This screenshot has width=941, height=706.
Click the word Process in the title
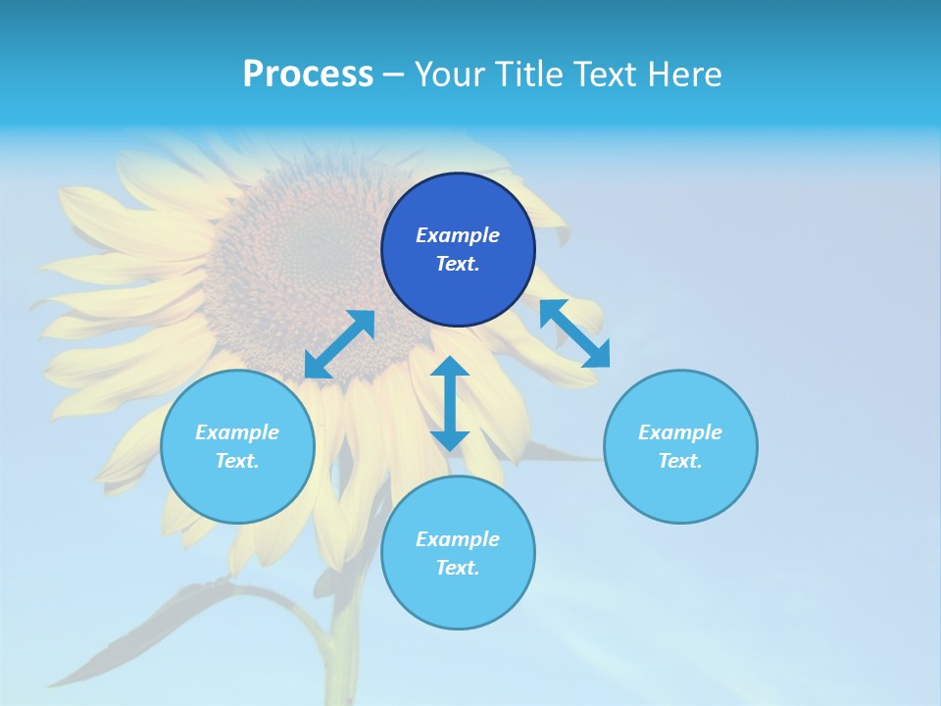pyautogui.click(x=308, y=75)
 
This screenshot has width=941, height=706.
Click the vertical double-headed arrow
pyautogui.click(x=450, y=403)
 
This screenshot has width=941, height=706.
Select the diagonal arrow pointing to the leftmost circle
pyautogui.click(x=339, y=344)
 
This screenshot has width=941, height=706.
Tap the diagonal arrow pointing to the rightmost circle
pyautogui.click(x=575, y=333)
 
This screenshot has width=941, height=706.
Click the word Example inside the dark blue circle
pyautogui.click(x=458, y=235)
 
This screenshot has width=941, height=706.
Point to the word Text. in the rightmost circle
pyautogui.click(x=680, y=461)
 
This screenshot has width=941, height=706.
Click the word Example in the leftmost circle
pyautogui.click(x=237, y=432)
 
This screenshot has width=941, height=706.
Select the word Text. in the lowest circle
pyautogui.click(x=458, y=568)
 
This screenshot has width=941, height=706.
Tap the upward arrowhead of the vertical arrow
pyautogui.click(x=450, y=368)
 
